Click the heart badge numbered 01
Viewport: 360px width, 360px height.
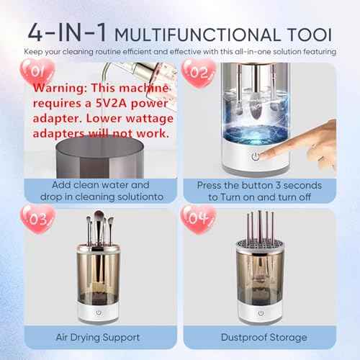tap(37, 71)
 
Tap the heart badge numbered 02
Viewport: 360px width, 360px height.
tap(199, 73)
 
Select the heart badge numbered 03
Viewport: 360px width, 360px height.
tap(38, 219)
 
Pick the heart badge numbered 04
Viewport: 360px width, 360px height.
tap(198, 219)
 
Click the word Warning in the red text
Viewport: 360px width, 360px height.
tap(60, 88)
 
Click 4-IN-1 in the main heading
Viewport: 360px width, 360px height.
tap(67, 32)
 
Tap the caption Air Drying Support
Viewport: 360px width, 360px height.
tap(98, 338)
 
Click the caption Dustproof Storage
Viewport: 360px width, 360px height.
tap(264, 337)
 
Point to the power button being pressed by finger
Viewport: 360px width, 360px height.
tap(256, 156)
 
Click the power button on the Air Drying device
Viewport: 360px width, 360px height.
tap(99, 312)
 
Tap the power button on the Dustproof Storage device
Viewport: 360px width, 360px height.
tap(261, 313)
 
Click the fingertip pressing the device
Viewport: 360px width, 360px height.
tap(263, 156)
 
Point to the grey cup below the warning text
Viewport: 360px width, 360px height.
tap(100, 158)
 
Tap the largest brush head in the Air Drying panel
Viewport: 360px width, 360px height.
tap(99, 217)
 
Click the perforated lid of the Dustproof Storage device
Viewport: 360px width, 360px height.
tap(261, 246)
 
